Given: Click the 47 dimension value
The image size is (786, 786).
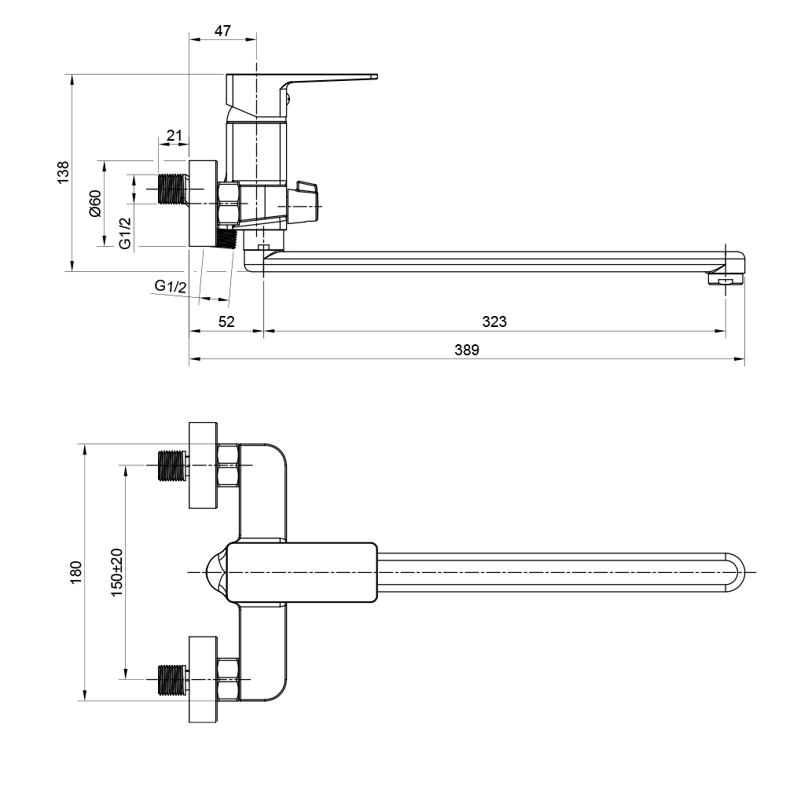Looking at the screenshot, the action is pyautogui.click(x=222, y=31).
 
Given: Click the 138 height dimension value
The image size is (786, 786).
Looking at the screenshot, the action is pyautogui.click(x=63, y=172).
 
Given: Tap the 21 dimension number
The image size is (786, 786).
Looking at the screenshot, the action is pyautogui.click(x=174, y=136).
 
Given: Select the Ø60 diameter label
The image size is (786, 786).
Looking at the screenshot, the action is pyautogui.click(x=95, y=204).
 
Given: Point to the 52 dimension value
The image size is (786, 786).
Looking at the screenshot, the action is pyautogui.click(x=226, y=321).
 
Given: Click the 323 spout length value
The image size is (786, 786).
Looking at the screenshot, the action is pyautogui.click(x=494, y=321).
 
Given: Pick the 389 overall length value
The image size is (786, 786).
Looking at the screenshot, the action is pyautogui.click(x=467, y=350).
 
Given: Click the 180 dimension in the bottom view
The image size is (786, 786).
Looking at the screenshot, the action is pyautogui.click(x=75, y=572).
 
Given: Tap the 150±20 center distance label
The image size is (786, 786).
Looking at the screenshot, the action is pyautogui.click(x=116, y=572).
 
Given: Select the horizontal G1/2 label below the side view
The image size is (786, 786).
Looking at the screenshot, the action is pyautogui.click(x=171, y=286).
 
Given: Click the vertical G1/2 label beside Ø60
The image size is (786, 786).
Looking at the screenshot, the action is pyautogui.click(x=125, y=233).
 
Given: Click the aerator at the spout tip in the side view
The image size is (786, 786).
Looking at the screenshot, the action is pyautogui.click(x=725, y=278).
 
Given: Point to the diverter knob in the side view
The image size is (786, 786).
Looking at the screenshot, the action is pyautogui.click(x=303, y=203).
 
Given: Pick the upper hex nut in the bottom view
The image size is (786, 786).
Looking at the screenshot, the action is pyautogui.click(x=228, y=465).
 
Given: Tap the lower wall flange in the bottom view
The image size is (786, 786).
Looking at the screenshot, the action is pyautogui.click(x=203, y=679).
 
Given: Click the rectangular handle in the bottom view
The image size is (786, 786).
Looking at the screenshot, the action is pyautogui.click(x=302, y=572).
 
